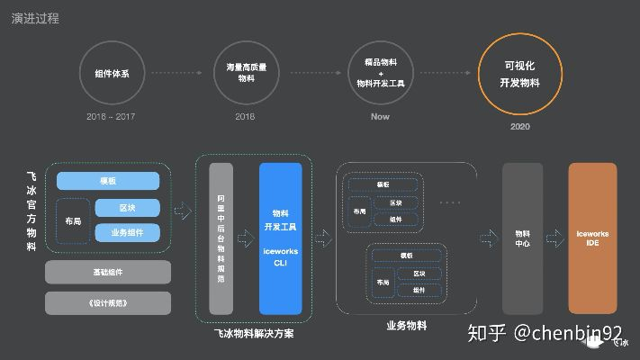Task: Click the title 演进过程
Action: [35, 18]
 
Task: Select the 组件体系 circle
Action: [112, 74]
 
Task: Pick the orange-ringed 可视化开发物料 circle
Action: [519, 74]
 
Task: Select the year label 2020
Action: [519, 127]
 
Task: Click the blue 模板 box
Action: [108, 181]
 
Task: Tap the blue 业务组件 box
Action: [127, 233]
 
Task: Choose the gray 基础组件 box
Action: [107, 272]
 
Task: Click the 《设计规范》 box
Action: [107, 302]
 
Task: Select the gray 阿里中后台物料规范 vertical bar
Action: [221, 238]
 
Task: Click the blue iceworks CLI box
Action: [280, 238]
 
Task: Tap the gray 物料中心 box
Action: [522, 238]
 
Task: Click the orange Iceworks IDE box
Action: [592, 238]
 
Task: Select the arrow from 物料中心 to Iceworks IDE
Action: [555, 238]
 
